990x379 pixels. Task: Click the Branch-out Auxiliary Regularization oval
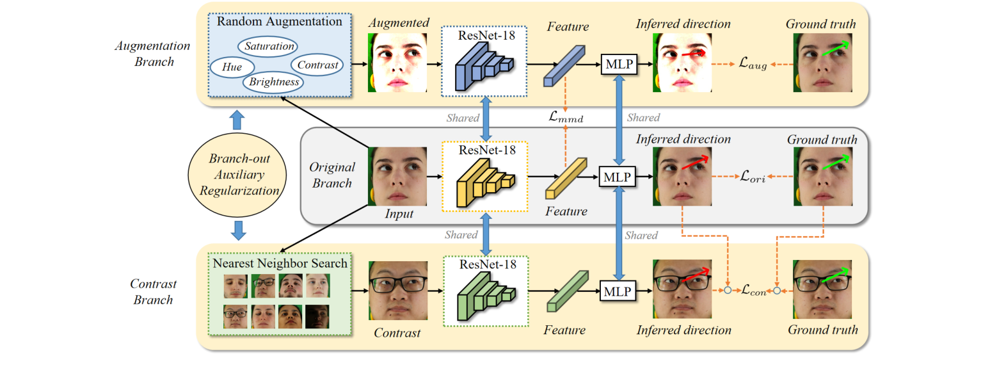point(238,173)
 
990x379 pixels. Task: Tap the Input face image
point(397,176)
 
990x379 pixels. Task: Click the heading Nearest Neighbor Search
point(281,263)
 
